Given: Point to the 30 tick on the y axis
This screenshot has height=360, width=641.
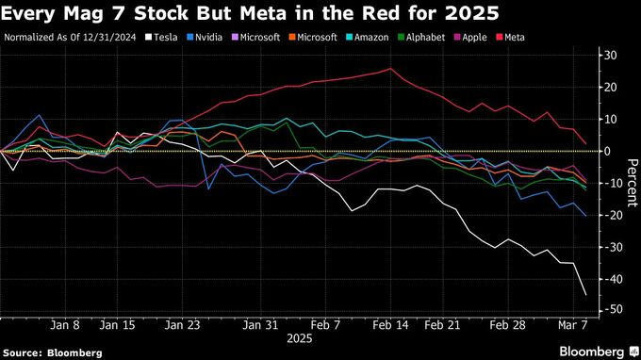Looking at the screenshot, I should click(612, 56).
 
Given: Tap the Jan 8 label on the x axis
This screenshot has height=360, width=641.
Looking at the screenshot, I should click(65, 324).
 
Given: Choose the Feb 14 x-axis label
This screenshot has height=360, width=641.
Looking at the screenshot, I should click(390, 324).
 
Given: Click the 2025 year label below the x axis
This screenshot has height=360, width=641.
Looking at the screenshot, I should click(300, 337).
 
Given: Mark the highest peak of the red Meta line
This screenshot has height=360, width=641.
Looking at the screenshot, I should click(390, 68).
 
